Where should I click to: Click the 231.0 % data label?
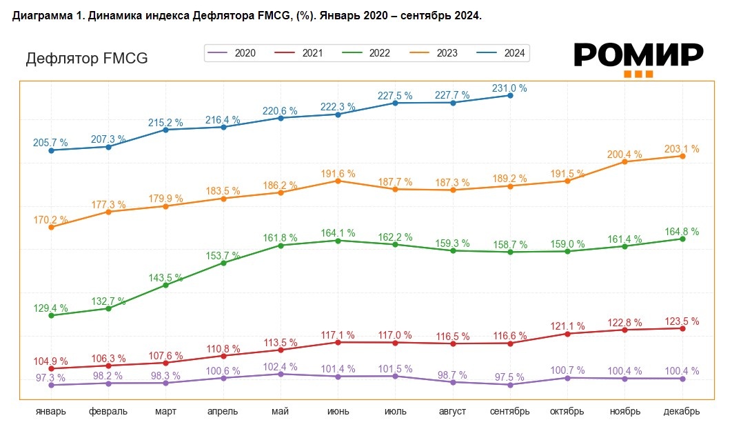click(x=509, y=88)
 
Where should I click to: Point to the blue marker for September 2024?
click(x=510, y=95)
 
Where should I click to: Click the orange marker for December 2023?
click(x=682, y=156)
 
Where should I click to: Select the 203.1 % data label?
click(x=682, y=149)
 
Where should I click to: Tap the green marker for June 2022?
click(x=338, y=240)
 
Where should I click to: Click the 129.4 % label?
click(x=50, y=308)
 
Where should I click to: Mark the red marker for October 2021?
click(x=567, y=334)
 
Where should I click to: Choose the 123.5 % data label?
click(x=682, y=321)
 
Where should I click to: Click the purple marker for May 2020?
click(x=281, y=374)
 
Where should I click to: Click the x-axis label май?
click(x=281, y=412)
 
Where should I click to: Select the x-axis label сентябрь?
click(x=510, y=412)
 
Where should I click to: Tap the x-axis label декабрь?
click(x=682, y=412)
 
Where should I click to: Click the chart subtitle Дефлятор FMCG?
click(x=87, y=59)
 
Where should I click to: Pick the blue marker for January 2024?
click(x=51, y=150)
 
